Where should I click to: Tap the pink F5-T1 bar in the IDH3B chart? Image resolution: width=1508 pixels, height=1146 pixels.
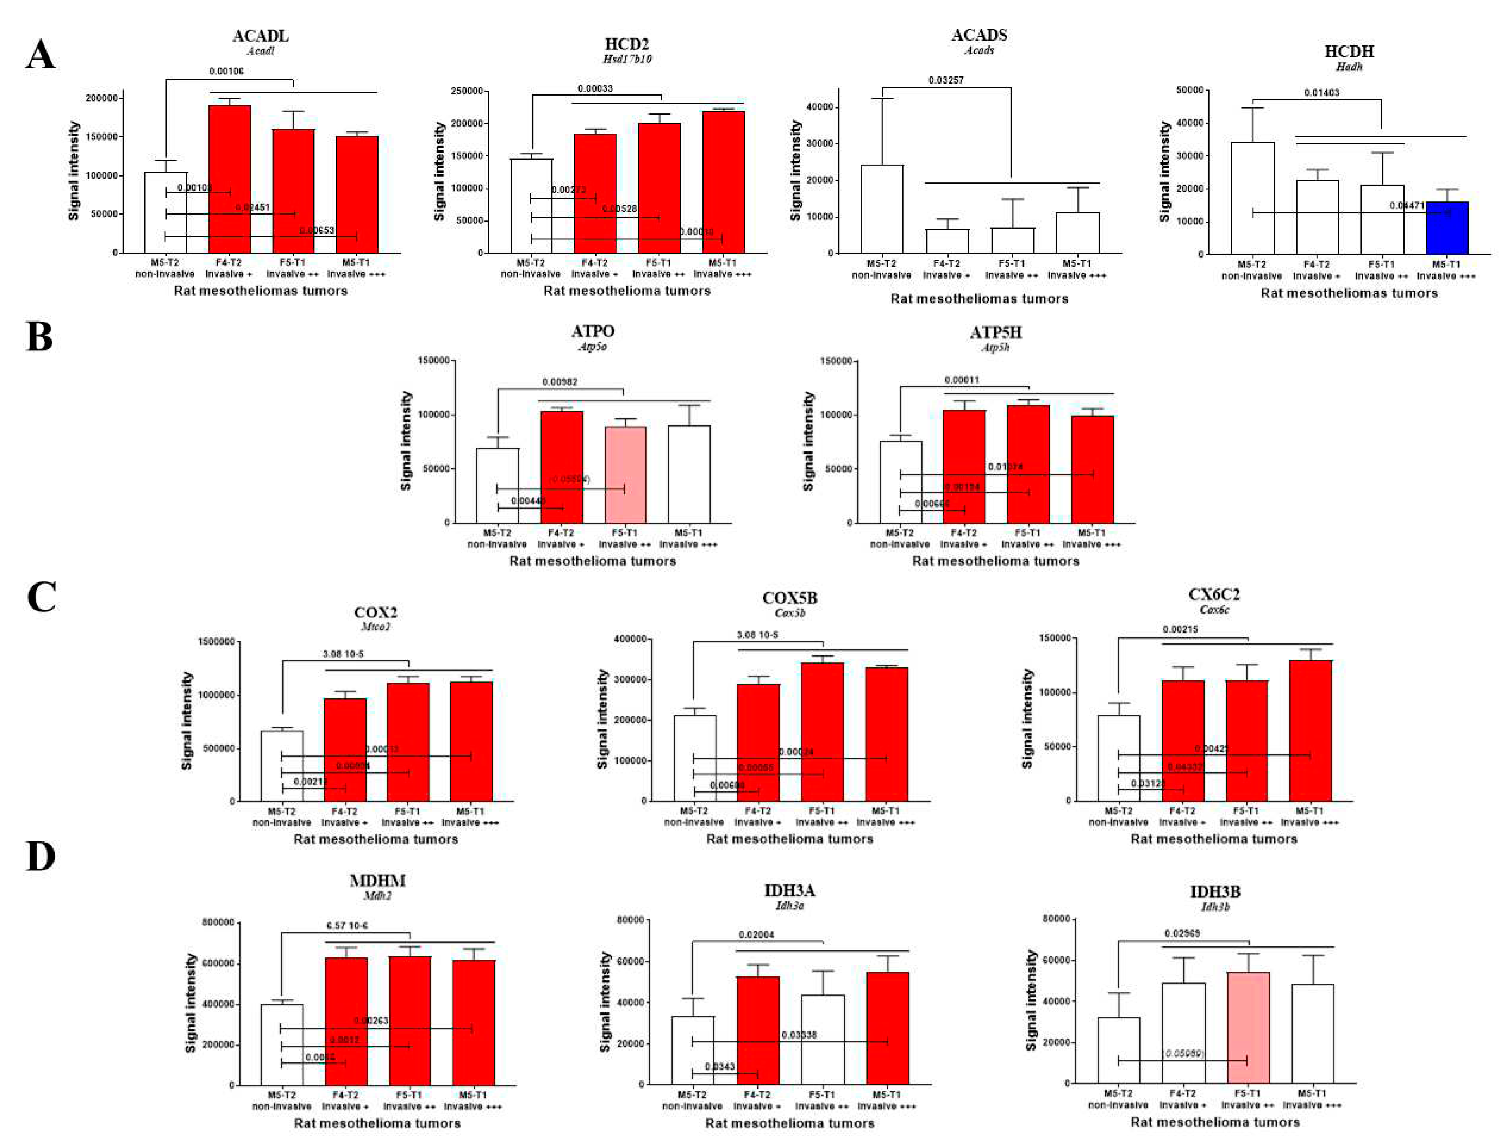pos(1248,1030)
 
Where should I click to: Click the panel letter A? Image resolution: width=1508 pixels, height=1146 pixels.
pos(40,55)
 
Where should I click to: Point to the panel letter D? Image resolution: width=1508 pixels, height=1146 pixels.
pos(40,857)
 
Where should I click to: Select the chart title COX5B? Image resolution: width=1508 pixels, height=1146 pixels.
pos(790,598)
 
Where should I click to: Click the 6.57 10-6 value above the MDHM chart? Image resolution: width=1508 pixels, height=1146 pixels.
pos(348,926)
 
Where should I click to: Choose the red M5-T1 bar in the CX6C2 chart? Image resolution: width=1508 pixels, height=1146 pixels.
pos(1310,731)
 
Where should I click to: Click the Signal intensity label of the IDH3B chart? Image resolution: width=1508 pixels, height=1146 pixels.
pos(1031,1001)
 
